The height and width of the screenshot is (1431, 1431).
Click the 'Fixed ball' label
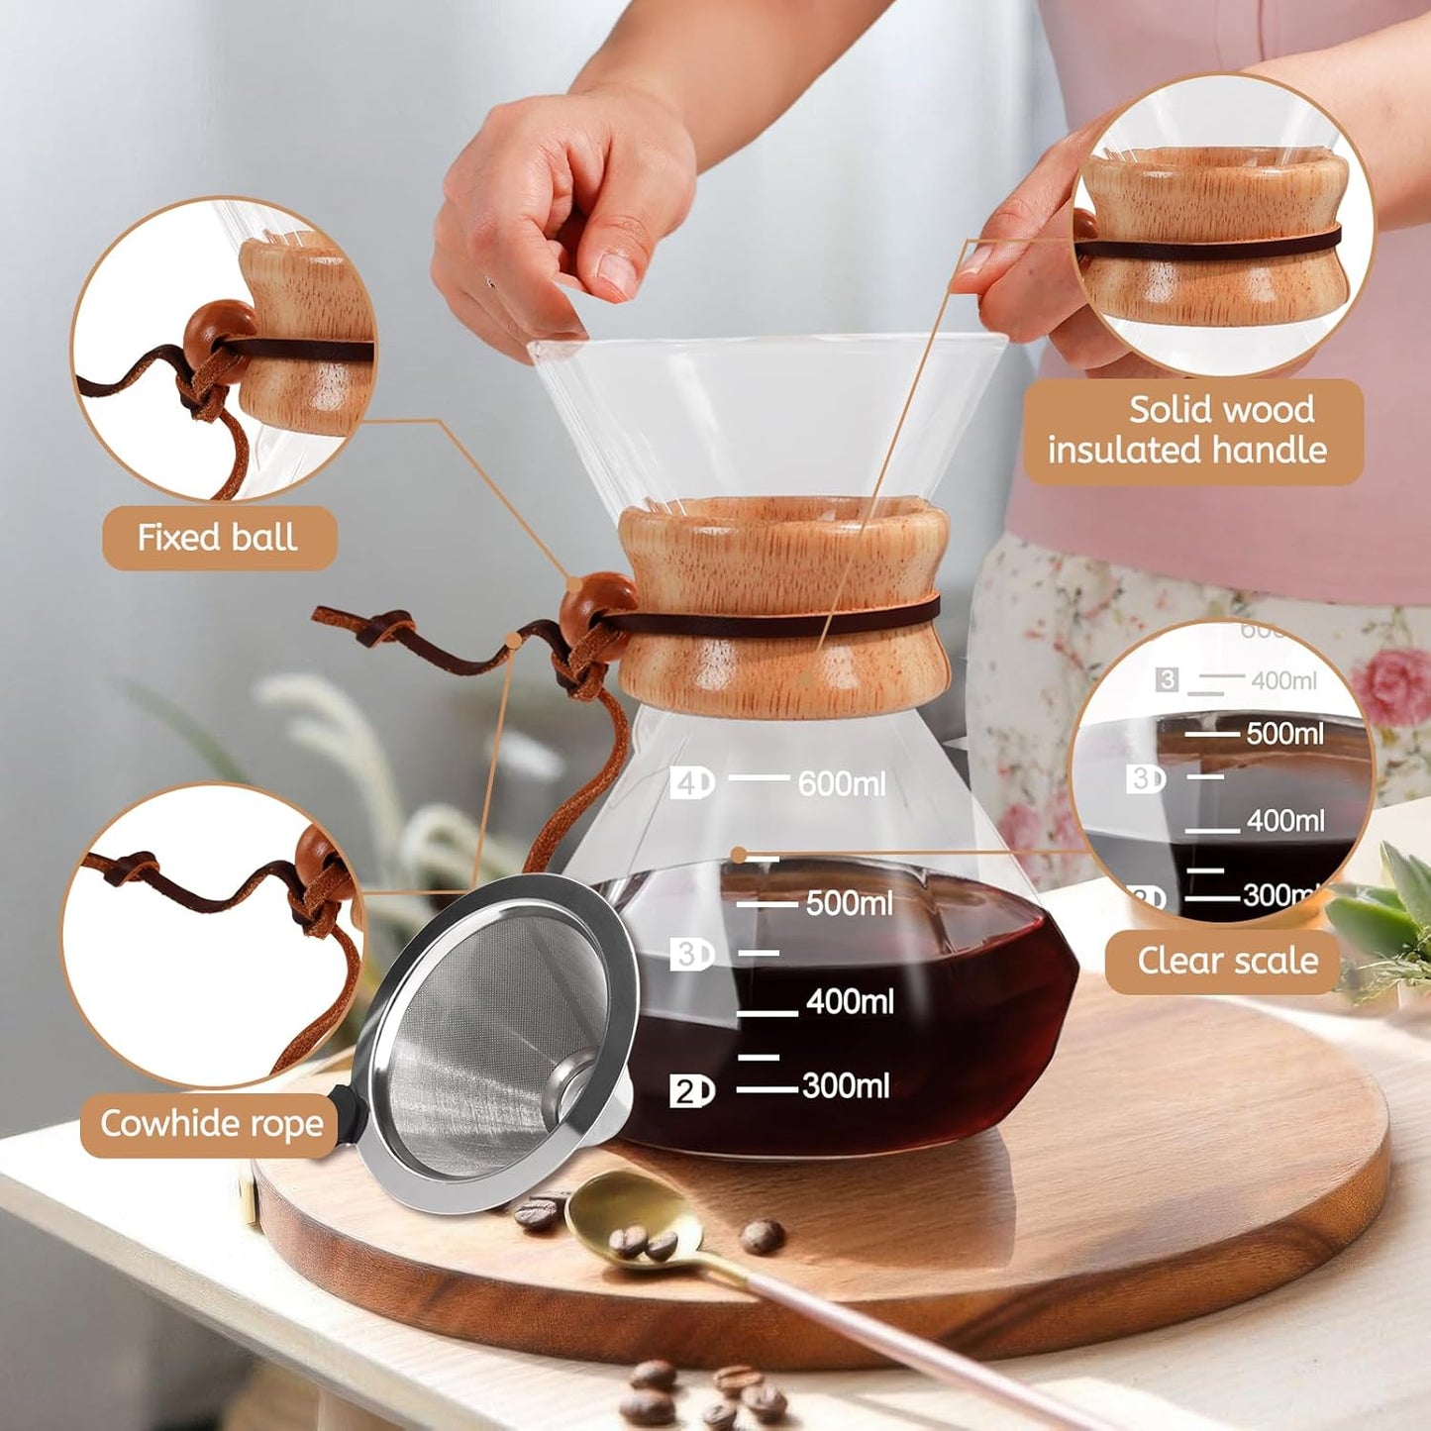point(219,538)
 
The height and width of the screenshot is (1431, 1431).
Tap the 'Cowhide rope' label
point(211,1124)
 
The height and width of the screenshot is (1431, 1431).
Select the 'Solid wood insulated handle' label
point(1192,430)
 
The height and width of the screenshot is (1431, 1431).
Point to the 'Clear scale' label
point(1226,961)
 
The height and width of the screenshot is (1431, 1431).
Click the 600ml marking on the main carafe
point(841,784)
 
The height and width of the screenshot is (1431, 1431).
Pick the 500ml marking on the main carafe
point(849,903)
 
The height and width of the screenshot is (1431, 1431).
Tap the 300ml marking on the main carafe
point(845,1086)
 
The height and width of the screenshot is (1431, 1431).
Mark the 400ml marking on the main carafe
point(850,1001)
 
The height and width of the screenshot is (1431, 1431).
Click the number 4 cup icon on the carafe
point(690,783)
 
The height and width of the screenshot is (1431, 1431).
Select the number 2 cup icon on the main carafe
point(690,1091)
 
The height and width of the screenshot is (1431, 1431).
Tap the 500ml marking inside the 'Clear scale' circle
point(1283,734)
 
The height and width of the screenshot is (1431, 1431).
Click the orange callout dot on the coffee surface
point(738,855)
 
